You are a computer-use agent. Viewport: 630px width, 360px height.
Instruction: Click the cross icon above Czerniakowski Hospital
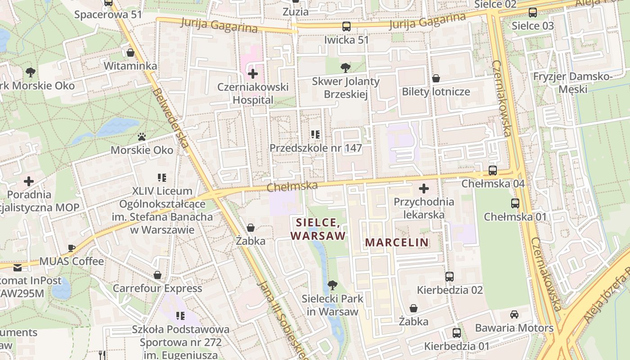pyautogui.click(x=253, y=74)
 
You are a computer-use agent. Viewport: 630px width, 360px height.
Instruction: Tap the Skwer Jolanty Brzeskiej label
pyautogui.click(x=346, y=88)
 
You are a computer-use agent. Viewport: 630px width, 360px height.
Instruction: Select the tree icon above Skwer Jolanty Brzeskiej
pyautogui.click(x=346, y=68)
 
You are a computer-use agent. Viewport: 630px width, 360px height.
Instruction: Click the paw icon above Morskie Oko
pyautogui.click(x=142, y=136)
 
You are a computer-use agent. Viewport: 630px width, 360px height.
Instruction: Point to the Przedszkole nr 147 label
pyautogui.click(x=315, y=148)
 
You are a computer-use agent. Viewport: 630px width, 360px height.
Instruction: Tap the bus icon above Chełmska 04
pyautogui.click(x=493, y=171)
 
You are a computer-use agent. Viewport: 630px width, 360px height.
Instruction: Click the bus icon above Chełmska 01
pyautogui.click(x=515, y=203)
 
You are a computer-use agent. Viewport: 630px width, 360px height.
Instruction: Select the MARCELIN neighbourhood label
pyautogui.click(x=396, y=243)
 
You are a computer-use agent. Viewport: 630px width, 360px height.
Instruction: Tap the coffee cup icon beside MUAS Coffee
pyautogui.click(x=72, y=248)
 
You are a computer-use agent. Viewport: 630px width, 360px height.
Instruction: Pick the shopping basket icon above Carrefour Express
pyautogui.click(x=157, y=275)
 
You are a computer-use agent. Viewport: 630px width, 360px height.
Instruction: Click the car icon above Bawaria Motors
pyautogui.click(x=514, y=315)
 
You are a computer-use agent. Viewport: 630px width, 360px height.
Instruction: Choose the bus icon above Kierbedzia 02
pyautogui.click(x=449, y=277)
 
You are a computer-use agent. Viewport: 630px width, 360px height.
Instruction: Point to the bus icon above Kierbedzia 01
pyautogui.click(x=457, y=333)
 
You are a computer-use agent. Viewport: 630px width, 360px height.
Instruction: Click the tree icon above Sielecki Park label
pyautogui.click(x=333, y=285)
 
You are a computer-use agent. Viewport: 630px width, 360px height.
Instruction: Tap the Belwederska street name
pyautogui.click(x=171, y=118)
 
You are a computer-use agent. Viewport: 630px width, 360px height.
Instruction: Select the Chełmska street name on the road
pyautogui.click(x=292, y=186)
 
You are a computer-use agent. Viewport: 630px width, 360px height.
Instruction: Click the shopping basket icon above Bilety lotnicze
pyautogui.click(x=436, y=79)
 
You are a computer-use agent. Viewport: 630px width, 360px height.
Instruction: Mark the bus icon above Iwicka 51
pyautogui.click(x=346, y=27)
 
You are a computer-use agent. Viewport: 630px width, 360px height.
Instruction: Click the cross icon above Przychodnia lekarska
pyautogui.click(x=423, y=189)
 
